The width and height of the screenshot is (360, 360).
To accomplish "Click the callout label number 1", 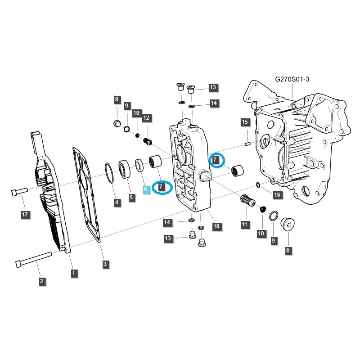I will (73, 273).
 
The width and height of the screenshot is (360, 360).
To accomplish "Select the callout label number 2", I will (41, 282).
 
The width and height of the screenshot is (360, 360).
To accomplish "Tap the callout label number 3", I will (105, 264).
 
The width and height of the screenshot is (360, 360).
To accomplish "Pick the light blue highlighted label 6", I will (145, 190).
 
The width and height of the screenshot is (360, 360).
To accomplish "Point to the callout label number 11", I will (244, 224).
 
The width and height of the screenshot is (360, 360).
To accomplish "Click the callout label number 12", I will (146, 118).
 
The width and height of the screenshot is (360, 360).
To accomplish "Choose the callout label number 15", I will (244, 122).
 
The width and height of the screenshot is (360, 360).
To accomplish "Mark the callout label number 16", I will (277, 194).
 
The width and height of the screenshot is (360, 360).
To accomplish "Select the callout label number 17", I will (26, 215).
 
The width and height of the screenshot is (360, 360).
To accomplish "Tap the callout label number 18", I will (216, 226).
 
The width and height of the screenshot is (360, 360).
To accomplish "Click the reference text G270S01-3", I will (292, 79).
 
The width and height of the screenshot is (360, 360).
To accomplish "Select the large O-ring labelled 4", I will (109, 173).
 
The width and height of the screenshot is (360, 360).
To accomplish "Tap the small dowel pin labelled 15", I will (247, 144).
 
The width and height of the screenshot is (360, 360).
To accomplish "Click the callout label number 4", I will (117, 203).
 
